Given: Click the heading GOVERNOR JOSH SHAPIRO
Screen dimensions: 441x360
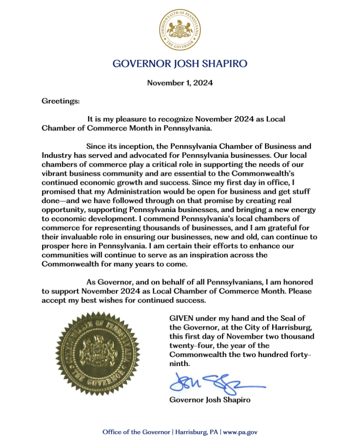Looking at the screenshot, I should [180, 63].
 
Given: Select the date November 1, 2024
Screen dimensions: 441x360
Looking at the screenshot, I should [180, 83].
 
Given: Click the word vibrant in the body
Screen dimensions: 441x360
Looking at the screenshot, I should [54, 173].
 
